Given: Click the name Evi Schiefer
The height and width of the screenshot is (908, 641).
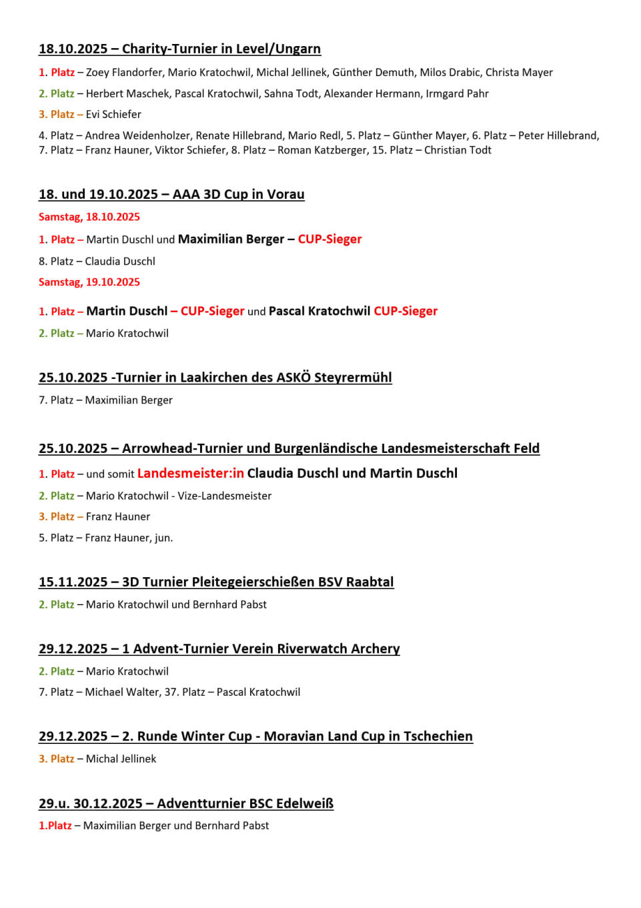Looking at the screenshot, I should click(113, 114).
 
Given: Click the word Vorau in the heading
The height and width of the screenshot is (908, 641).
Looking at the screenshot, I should click(285, 194).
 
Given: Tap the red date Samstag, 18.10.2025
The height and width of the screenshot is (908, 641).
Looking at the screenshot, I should click(89, 217).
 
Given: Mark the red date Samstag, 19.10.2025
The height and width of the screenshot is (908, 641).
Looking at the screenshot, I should click(89, 282).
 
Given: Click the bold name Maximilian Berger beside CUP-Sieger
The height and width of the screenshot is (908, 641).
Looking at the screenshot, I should click(231, 239).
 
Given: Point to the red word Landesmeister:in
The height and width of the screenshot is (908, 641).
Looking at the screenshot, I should click(191, 473).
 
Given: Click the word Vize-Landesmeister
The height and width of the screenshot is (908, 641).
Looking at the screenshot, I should click(224, 496).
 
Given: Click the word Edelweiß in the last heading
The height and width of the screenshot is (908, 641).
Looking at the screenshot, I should click(305, 803).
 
